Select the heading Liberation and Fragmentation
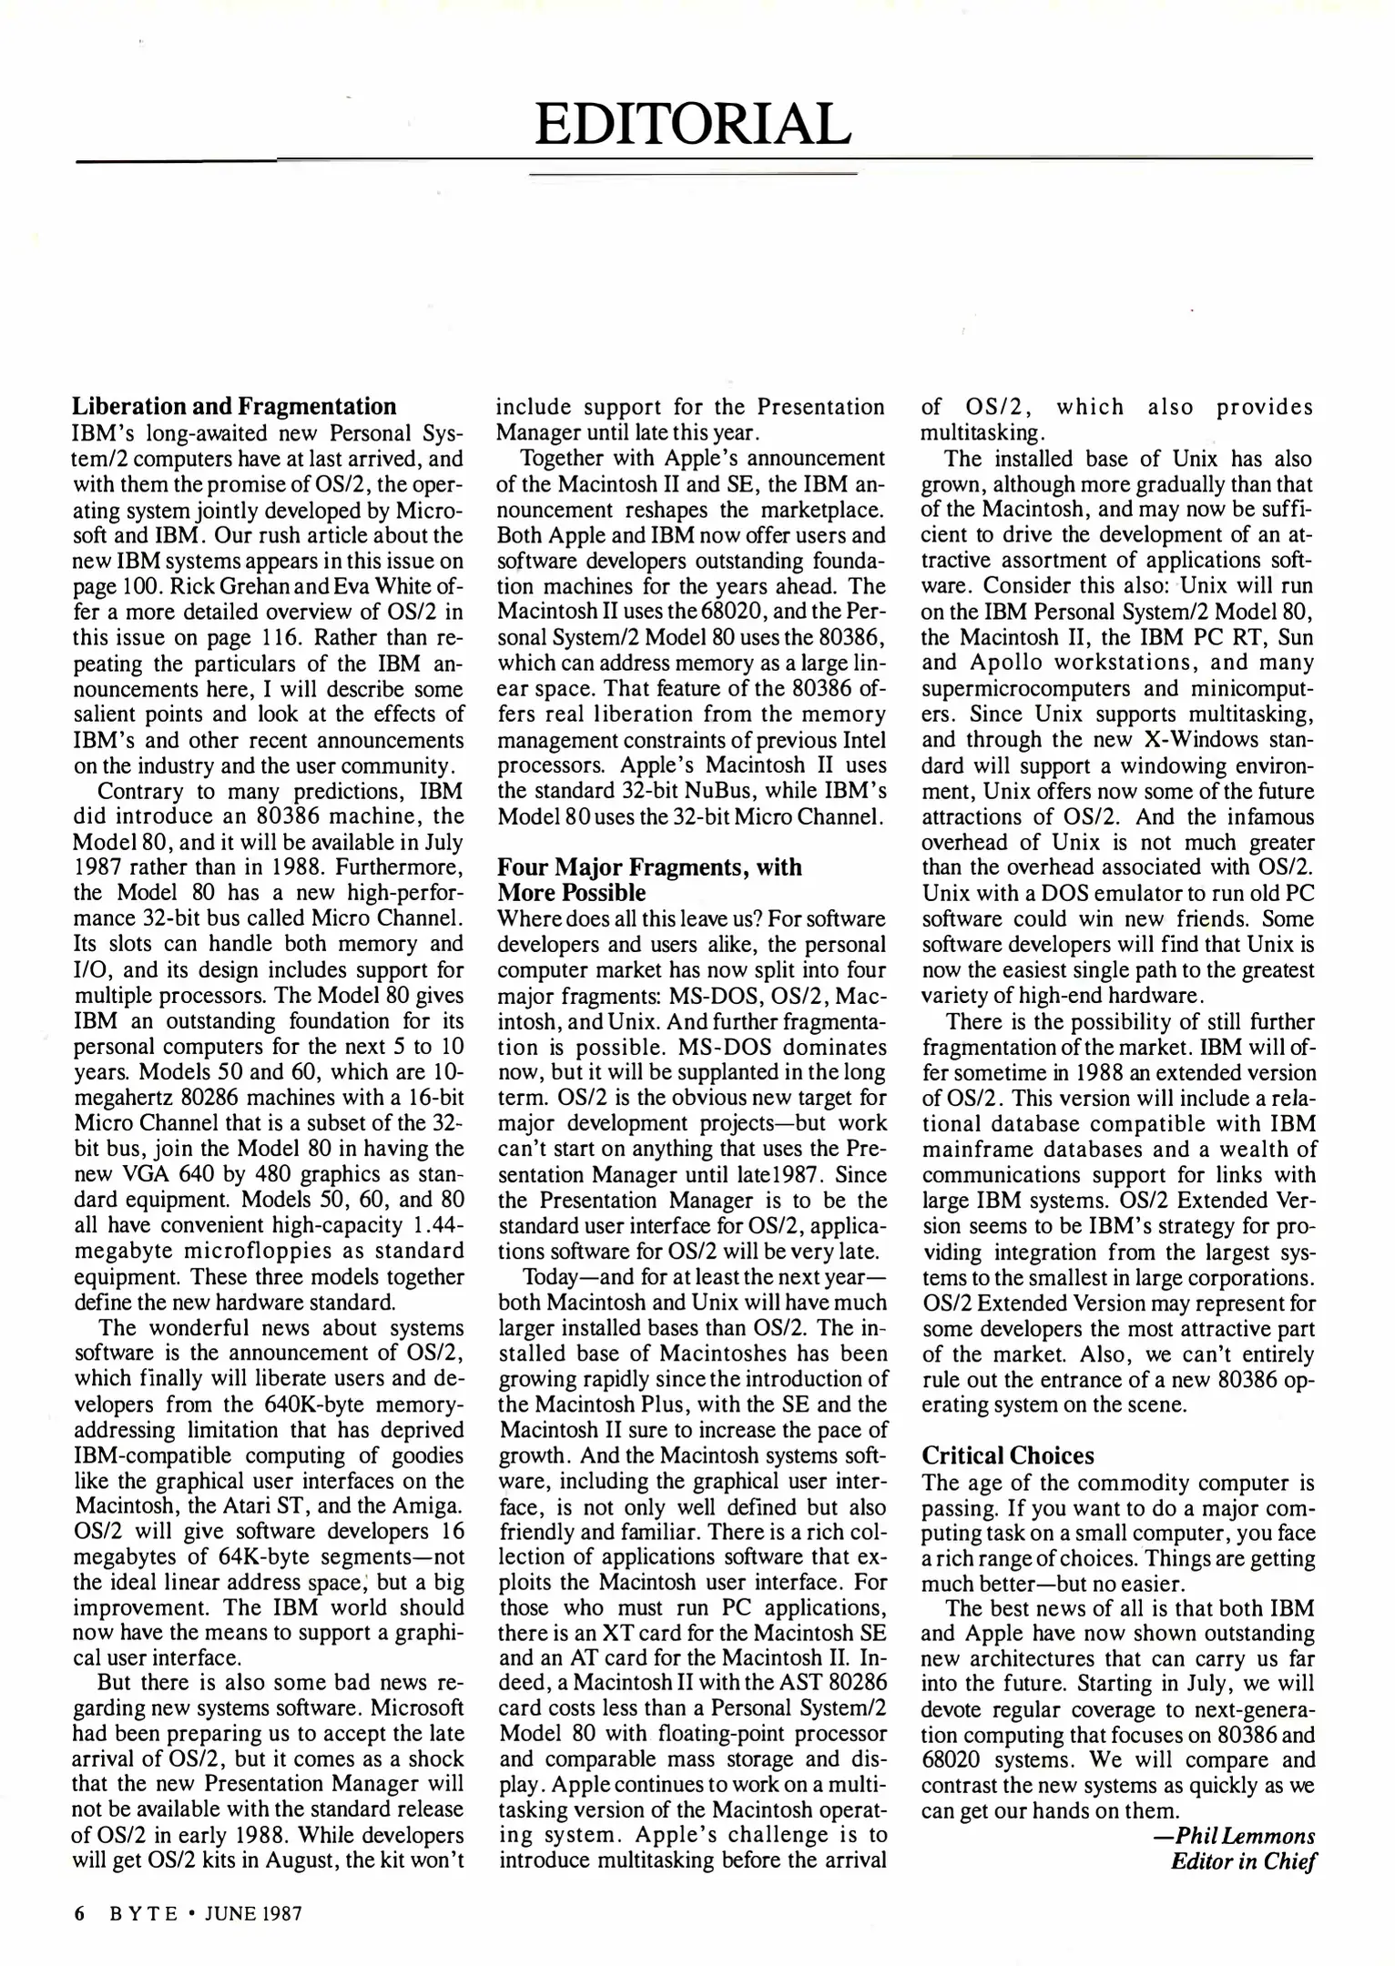[x=234, y=406]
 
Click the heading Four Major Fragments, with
[x=649, y=866]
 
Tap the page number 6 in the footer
[x=79, y=1913]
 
